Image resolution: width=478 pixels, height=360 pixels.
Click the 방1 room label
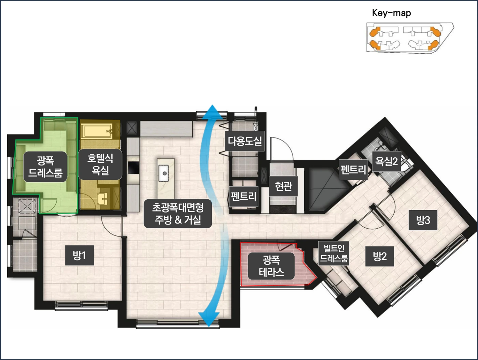pos(80,255)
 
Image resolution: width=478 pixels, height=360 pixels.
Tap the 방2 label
pos(380,256)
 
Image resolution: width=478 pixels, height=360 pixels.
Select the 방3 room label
pos(423,220)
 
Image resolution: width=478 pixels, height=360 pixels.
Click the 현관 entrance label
pos(283,186)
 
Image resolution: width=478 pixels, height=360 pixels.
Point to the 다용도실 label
pos(245,141)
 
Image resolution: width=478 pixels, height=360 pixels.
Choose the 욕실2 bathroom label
pos(386,161)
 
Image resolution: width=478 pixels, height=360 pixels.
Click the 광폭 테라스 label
pos(271,266)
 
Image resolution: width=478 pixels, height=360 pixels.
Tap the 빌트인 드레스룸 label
pos(334,253)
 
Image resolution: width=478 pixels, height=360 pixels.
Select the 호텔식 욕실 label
pos(100,164)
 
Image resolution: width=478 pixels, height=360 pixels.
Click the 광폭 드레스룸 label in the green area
pos(45,167)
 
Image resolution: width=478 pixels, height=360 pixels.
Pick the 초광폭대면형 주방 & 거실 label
pos(178,214)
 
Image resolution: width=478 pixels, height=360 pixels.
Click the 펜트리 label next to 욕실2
pos(353,170)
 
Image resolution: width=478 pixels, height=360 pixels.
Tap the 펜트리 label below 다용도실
pos(244,197)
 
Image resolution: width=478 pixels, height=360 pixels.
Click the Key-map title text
pos(391,13)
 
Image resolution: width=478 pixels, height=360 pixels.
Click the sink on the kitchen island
pos(164,173)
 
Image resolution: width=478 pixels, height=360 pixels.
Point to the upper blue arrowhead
pos(212,112)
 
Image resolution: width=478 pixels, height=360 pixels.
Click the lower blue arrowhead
pos(209,319)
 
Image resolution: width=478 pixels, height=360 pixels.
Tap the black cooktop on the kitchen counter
pos(133,168)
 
